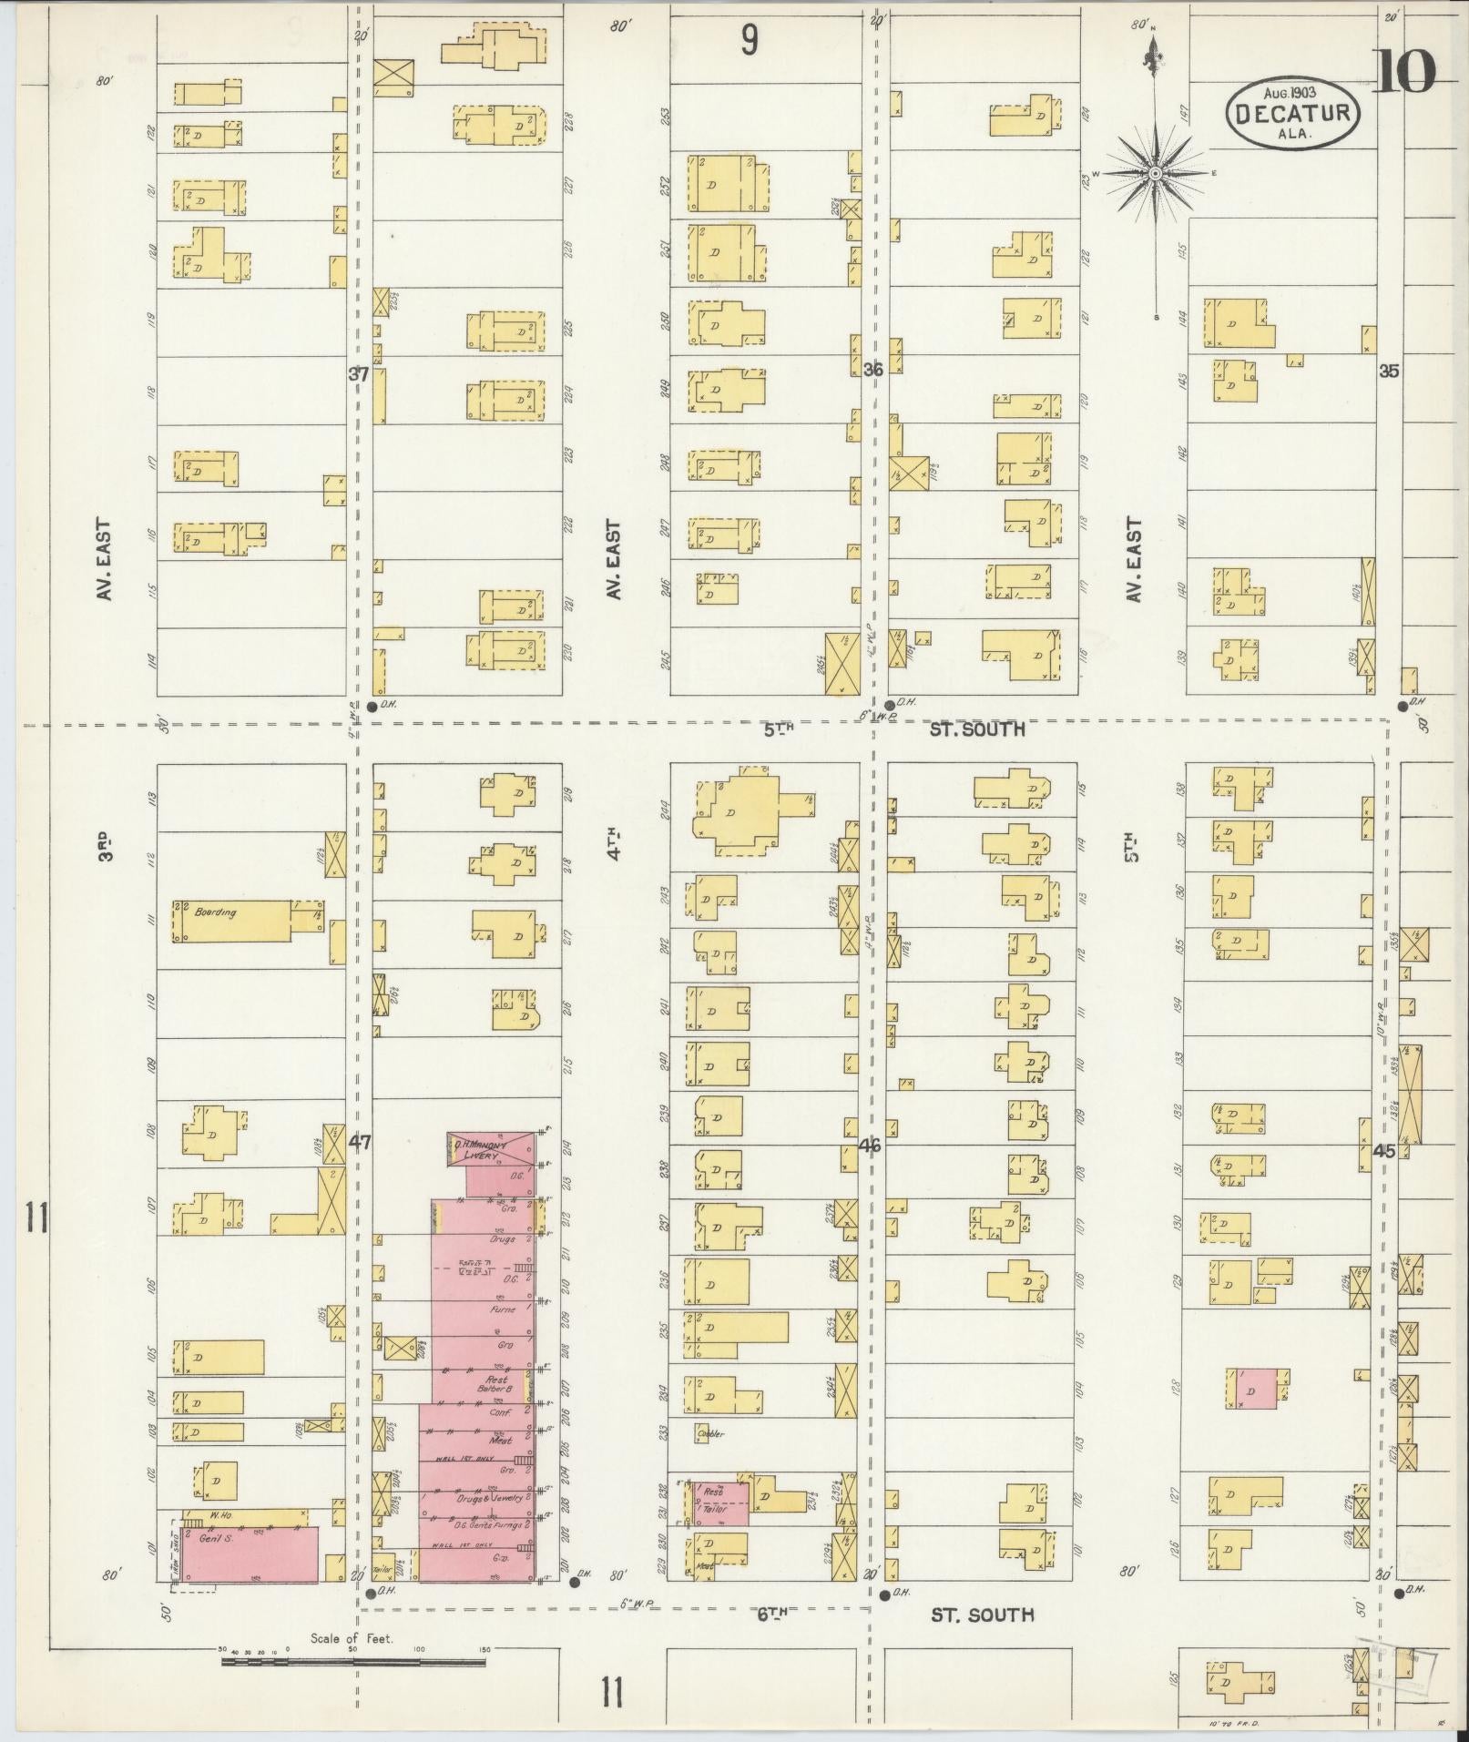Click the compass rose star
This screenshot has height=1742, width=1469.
click(x=1154, y=173)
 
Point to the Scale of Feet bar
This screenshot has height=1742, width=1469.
click(x=353, y=1660)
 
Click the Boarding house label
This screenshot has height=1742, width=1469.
click(x=215, y=912)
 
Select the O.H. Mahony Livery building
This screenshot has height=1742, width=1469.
click(x=491, y=1149)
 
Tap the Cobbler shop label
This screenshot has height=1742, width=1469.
click(x=709, y=1434)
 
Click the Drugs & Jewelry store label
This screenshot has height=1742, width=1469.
click(x=493, y=1497)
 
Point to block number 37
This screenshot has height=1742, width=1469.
click(x=359, y=373)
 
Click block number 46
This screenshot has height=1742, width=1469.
click(x=870, y=1146)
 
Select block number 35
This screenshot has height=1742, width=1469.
click(x=1389, y=372)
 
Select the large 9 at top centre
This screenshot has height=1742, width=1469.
click(x=749, y=41)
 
